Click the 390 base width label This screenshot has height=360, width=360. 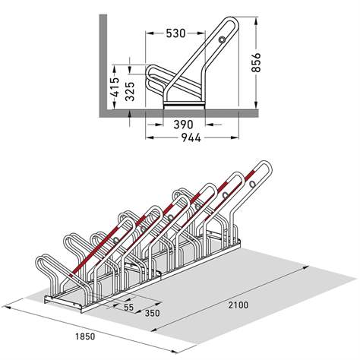pyautogui.click(x=182, y=124)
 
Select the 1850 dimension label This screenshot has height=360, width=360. pyautogui.click(x=87, y=333)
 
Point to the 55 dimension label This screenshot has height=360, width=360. pyautogui.click(x=128, y=308)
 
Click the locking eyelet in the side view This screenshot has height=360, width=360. pyautogui.click(x=221, y=39)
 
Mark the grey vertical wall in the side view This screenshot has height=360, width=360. pyautogui.click(x=100, y=61)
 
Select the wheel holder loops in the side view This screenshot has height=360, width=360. pyautogui.click(x=156, y=77)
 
